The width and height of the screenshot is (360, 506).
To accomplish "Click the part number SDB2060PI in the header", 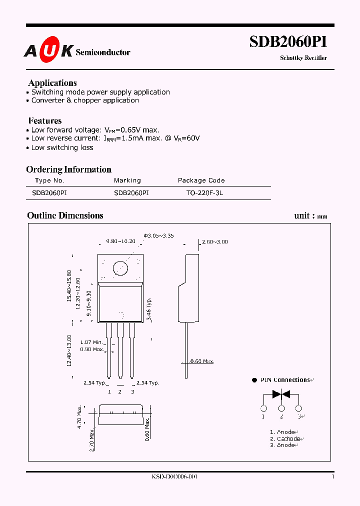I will [x=288, y=42].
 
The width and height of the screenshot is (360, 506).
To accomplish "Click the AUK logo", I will [x=49, y=51].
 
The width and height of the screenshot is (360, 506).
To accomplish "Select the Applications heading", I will [x=52, y=83].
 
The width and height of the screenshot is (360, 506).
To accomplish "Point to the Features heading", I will [x=45, y=120].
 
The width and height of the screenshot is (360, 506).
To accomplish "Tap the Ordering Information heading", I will [x=69, y=169].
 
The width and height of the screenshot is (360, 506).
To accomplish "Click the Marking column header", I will [x=127, y=180].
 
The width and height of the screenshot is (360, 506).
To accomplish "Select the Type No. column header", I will [x=50, y=180].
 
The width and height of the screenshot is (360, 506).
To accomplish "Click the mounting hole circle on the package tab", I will [x=120, y=268].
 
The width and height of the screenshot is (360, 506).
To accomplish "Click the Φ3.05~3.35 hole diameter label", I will [x=158, y=235].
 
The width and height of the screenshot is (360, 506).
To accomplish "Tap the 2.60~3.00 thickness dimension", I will [x=214, y=241].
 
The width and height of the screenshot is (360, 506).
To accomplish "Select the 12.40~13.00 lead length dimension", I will [x=69, y=350].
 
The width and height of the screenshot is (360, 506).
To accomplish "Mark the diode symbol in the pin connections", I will [x=281, y=394].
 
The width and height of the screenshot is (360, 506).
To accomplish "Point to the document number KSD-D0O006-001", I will [x=174, y=477].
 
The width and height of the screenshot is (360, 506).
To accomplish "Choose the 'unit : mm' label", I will [x=310, y=216].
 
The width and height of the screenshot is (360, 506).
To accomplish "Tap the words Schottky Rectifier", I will [x=303, y=58].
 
